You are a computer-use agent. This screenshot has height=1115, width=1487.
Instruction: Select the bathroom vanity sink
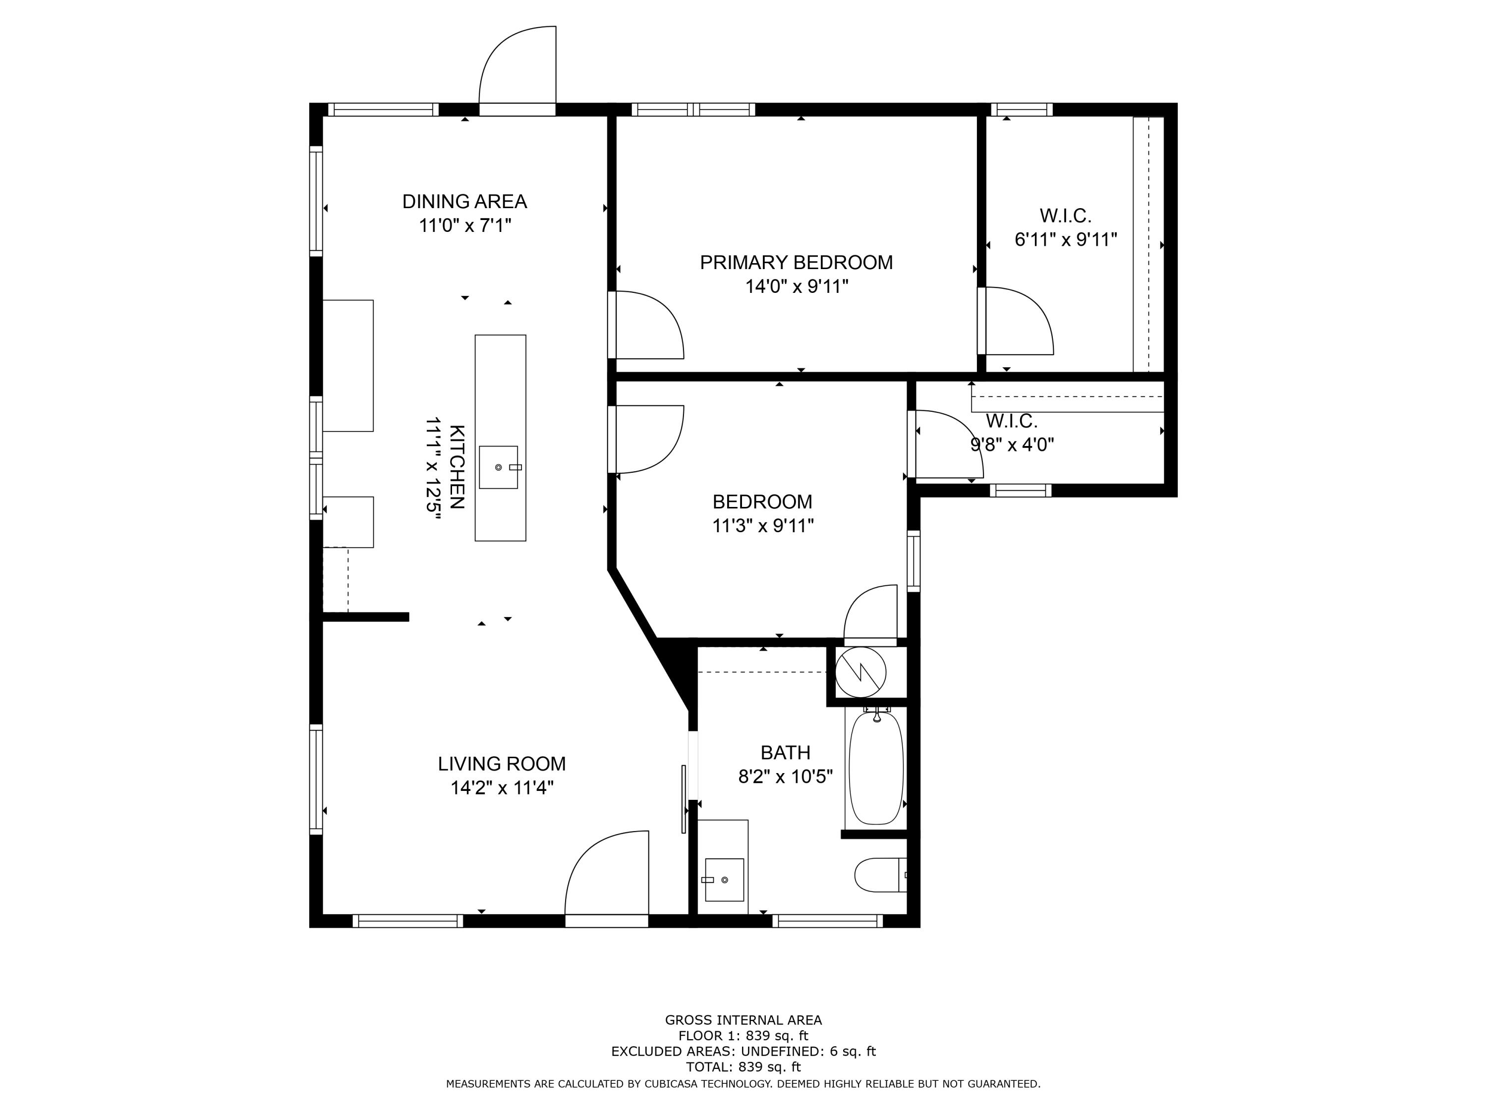(724, 879)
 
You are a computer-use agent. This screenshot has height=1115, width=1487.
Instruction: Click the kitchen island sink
(499, 467)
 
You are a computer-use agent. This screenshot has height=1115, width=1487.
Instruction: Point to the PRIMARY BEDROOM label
(797, 263)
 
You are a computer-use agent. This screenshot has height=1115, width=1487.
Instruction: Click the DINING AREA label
(464, 202)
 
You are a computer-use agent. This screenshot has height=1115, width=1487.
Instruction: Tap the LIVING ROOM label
(502, 764)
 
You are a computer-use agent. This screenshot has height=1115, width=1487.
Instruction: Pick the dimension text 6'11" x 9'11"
(1066, 240)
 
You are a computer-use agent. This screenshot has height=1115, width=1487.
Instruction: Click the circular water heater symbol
(860, 671)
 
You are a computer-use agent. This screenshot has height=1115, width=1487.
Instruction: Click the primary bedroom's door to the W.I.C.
(1015, 321)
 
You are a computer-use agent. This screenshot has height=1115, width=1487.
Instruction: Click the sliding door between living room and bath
(685, 798)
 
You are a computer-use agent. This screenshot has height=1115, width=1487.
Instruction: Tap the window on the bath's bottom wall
(828, 921)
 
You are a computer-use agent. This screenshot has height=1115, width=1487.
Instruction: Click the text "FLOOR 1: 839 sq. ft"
(743, 1036)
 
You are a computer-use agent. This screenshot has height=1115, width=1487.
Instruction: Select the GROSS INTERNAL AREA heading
(743, 1020)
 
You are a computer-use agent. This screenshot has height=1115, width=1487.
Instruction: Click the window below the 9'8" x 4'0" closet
(1021, 491)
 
